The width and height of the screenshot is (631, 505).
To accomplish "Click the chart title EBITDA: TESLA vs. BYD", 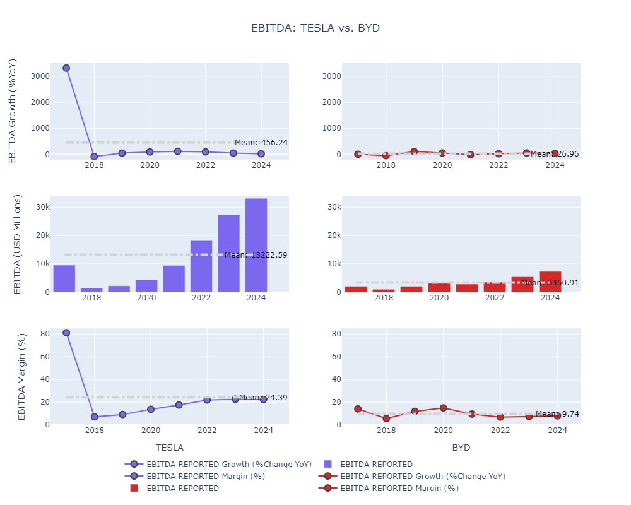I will [x=315, y=28].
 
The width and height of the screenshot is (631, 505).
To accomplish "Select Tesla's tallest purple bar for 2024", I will [x=256, y=246].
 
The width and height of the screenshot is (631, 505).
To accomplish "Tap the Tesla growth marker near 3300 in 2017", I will [x=66, y=68].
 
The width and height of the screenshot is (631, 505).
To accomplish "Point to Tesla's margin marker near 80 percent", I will [x=66, y=333].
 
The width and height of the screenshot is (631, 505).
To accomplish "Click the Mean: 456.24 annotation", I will [x=261, y=143].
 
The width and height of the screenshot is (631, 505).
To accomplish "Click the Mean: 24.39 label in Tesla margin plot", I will [x=263, y=398].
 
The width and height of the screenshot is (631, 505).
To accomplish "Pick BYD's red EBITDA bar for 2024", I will [x=550, y=282].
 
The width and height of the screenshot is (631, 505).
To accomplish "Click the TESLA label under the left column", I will [x=169, y=448].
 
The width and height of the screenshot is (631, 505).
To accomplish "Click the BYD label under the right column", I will [x=461, y=448].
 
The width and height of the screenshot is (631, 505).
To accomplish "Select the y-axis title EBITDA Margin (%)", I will [x=21, y=376].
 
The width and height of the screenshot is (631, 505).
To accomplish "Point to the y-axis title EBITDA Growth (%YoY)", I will [x=13, y=111].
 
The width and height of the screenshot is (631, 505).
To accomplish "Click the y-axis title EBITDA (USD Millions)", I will [x=18, y=244].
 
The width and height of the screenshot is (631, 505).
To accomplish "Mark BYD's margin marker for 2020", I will [x=444, y=408].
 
